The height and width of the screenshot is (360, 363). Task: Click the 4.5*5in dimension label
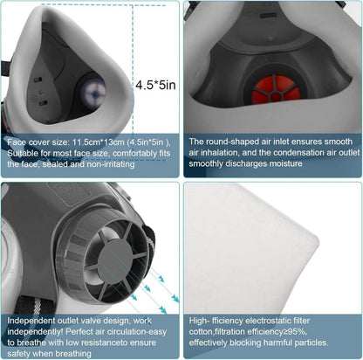point(155,85)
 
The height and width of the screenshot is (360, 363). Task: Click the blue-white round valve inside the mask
point(93,93)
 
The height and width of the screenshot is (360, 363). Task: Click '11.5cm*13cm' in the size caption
point(99,142)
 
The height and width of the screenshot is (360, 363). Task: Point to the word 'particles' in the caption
point(311,343)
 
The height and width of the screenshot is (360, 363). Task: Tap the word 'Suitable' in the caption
point(21,154)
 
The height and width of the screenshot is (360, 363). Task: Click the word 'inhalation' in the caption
point(217,153)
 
